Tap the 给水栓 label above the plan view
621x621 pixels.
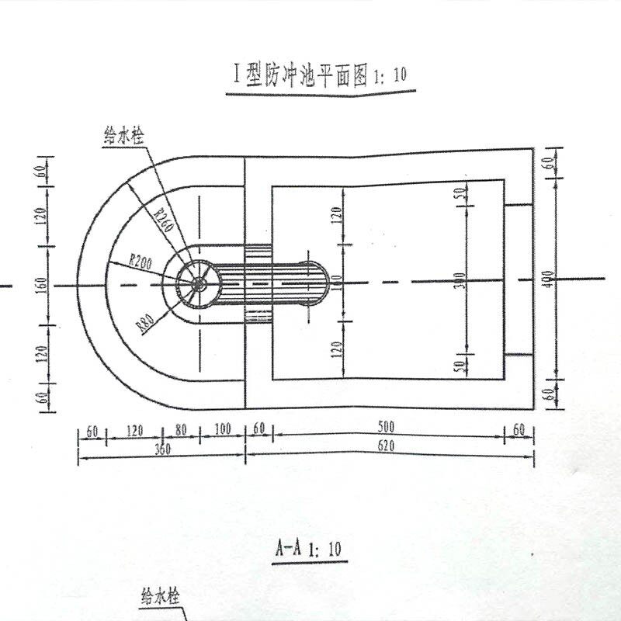(127, 134)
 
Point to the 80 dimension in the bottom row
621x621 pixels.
(182, 429)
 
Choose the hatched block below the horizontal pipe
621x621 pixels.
(258, 314)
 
